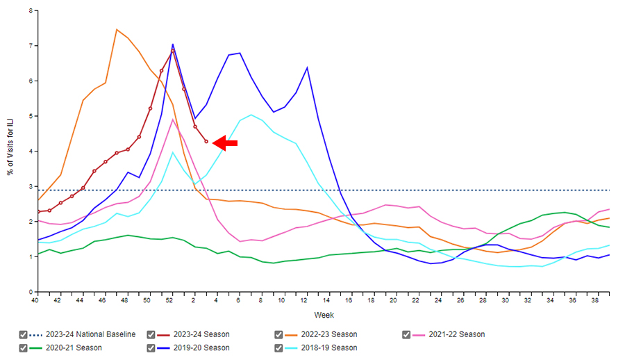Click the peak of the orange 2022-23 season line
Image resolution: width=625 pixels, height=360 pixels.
[117, 29]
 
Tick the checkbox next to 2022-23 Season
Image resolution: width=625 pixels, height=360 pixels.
[278, 334]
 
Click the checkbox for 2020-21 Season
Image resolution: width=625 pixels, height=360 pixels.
[24, 347]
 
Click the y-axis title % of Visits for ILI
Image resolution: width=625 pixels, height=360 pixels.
[11, 152]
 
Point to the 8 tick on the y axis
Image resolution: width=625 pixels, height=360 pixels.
[30, 11]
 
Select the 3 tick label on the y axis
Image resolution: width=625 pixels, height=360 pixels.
[30, 187]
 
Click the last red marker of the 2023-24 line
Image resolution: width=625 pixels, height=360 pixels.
[206, 141]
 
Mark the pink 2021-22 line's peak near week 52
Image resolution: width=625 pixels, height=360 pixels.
[173, 119]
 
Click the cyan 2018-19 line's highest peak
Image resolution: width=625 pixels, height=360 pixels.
[251, 115]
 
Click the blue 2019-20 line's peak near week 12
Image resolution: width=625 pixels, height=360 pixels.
[307, 67]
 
